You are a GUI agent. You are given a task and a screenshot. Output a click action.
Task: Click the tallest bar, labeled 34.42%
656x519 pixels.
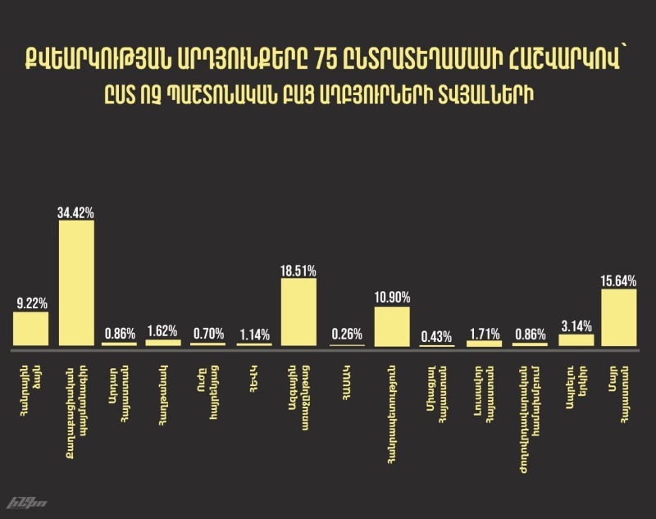pyautogui.click(x=76, y=283)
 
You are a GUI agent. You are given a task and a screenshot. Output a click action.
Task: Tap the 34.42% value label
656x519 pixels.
pyautogui.click(x=76, y=213)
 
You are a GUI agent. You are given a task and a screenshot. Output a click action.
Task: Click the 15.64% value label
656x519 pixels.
pyautogui.click(x=619, y=281)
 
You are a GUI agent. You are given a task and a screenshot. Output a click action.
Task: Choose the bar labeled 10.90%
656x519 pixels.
pyautogui.click(x=391, y=326)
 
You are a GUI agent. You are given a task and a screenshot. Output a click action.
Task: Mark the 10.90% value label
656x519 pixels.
pyautogui.click(x=391, y=298)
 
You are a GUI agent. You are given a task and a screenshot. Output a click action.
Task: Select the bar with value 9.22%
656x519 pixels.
pyautogui.click(x=30, y=329)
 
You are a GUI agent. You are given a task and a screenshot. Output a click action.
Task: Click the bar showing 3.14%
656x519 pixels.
pyautogui.click(x=576, y=340)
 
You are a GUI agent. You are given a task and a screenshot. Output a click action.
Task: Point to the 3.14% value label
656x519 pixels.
pyautogui.click(x=576, y=326)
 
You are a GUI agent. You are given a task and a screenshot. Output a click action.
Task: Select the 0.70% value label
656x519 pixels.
pyautogui.click(x=208, y=334)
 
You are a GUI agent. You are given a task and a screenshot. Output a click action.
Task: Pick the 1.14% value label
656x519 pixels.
pyautogui.click(x=254, y=334)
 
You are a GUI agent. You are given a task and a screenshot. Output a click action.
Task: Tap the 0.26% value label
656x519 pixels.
pyautogui.click(x=346, y=335)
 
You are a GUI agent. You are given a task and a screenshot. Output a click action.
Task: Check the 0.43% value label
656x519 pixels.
pyautogui.click(x=437, y=335)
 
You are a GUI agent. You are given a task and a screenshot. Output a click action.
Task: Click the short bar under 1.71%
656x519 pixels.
pyautogui.click(x=484, y=343)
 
